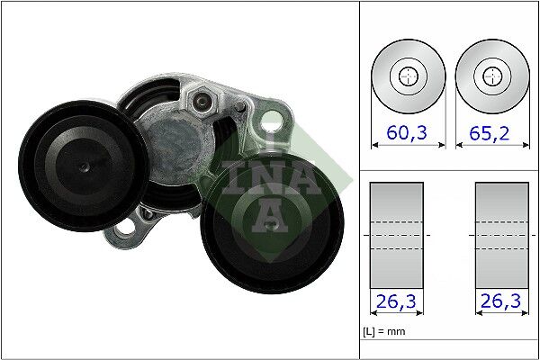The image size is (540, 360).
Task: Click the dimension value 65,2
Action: [x=490, y=134]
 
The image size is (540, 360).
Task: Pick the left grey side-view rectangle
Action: [x=397, y=236]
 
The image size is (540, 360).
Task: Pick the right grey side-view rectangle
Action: [x=501, y=236]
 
